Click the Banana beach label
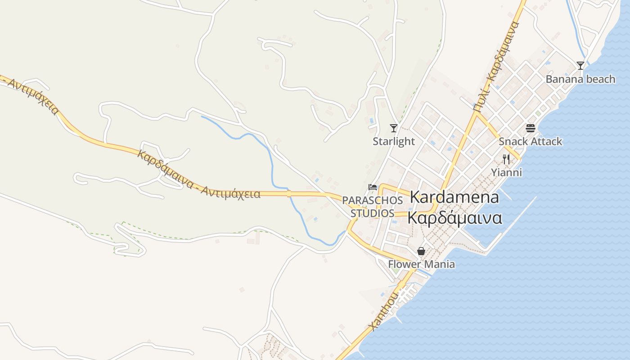coord(580,79)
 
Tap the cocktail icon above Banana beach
coord(580,66)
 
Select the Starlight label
coord(393,141)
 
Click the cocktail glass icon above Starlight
coord(394,128)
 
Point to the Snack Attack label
coord(530,141)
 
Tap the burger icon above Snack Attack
coord(531,128)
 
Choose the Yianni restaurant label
coord(506,172)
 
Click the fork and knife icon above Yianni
coord(506,159)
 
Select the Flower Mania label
coord(421,264)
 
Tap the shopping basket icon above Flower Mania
coord(421,251)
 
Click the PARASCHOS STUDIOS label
coord(372,206)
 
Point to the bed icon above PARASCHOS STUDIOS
coord(372,187)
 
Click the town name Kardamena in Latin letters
coord(454,197)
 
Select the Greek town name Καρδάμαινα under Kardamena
coord(454,218)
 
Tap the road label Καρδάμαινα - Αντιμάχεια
coord(198,175)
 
